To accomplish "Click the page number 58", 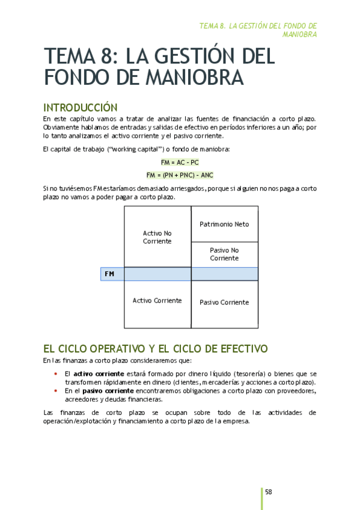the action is coord(269,491).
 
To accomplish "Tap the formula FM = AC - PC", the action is coord(180,162).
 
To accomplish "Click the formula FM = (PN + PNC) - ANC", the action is coord(180,175).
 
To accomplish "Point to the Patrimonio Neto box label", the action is coord(224,224).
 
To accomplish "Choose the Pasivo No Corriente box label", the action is coord(224,254).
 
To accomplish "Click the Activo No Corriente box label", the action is coord(157,237).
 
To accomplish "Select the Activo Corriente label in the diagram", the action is coord(157,300).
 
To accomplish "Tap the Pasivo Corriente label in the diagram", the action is coord(224,303).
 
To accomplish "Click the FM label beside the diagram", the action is coord(109,274).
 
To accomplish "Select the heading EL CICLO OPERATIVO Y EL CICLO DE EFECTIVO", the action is coord(155,349).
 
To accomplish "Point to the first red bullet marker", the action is coord(55,373).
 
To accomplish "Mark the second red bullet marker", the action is coord(55,390).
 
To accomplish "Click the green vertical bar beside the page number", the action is coord(262,498).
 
